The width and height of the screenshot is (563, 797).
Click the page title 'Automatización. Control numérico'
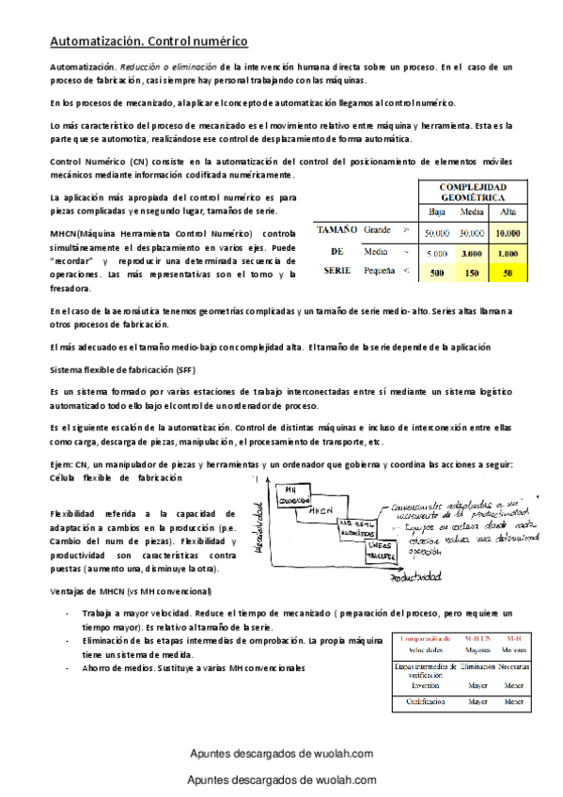tap(149, 42)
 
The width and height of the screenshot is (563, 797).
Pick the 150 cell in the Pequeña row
tap(473, 273)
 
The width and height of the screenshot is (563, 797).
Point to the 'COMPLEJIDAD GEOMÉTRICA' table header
tap(473, 193)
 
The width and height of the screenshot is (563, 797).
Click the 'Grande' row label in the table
tap(378, 230)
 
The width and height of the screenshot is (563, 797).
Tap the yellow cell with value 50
tap(508, 273)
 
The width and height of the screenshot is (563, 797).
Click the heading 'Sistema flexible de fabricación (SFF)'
tap(123, 370)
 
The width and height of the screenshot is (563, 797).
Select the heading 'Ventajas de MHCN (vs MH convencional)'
tap(131, 591)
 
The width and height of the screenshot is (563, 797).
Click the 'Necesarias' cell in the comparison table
tap(513, 665)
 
